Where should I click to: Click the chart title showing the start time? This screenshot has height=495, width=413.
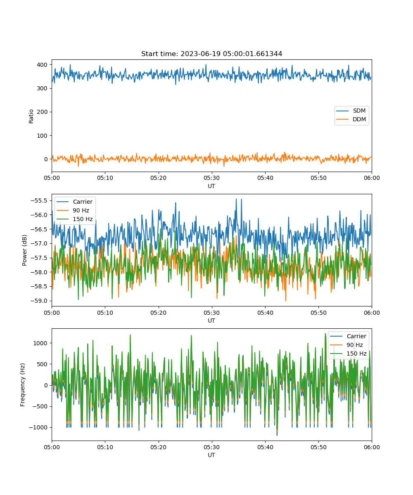click(211, 54)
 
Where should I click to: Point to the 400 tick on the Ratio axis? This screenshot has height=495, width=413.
click(42, 65)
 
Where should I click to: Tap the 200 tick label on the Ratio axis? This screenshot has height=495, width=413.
click(42, 112)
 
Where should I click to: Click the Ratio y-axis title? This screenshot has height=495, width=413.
click(31, 116)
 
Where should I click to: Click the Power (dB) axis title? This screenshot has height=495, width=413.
click(24, 250)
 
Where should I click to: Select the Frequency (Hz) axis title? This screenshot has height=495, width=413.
click(23, 385)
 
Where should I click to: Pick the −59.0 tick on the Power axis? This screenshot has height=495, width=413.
click(39, 301)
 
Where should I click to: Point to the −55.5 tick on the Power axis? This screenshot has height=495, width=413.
click(39, 200)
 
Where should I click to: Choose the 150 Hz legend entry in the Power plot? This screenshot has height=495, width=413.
click(74, 219)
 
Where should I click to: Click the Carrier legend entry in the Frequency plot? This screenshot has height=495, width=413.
click(348, 336)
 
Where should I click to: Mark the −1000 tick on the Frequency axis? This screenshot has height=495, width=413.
click(38, 427)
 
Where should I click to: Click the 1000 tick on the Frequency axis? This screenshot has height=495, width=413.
click(40, 343)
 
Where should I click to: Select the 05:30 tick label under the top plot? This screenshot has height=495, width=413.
click(212, 178)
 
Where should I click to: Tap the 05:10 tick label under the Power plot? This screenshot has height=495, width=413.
click(105, 313)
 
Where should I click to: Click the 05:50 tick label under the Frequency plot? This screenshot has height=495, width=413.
click(318, 447)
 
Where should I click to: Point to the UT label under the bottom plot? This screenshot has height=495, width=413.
click(211, 455)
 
